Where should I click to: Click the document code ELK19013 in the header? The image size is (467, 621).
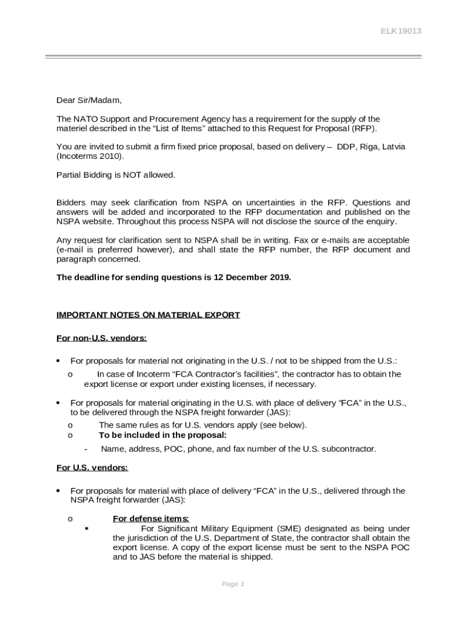400,31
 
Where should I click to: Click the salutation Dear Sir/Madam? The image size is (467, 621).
89,100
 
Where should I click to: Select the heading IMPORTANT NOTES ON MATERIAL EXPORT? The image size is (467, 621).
148,315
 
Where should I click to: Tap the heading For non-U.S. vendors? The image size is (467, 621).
101,338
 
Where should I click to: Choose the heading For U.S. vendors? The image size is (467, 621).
92,468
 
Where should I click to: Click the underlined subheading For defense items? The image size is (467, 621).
151,519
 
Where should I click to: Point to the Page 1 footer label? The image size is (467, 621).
233,584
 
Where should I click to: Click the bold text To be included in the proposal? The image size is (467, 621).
163,435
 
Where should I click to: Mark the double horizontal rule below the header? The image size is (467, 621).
233,57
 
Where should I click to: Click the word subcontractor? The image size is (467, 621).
348,449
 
